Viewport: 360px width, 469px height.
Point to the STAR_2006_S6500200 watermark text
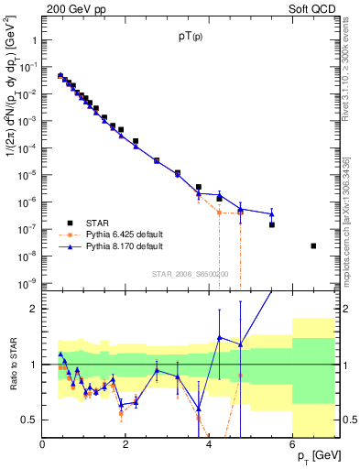[x=191, y=274]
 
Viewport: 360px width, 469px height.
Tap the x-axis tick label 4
[x=209, y=444]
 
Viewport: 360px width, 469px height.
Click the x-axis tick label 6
[x=292, y=444]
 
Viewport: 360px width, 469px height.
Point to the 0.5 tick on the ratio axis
[x=29, y=420]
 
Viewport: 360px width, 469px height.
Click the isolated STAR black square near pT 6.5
[x=313, y=245]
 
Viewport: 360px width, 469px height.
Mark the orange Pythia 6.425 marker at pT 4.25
[x=219, y=213]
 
